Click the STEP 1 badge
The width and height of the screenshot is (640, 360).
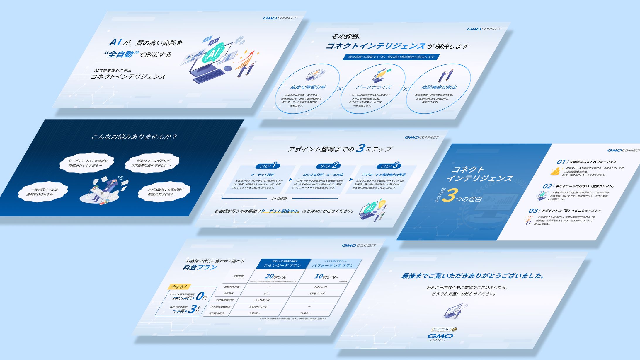pos(268,166)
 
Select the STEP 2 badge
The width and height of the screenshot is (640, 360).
pos(328,166)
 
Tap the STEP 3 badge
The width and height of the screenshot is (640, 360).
pos(389,166)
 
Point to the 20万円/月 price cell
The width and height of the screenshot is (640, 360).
pos(275,276)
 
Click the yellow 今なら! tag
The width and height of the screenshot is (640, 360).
pos(179,286)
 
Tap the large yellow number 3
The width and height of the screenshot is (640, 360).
pos(450,196)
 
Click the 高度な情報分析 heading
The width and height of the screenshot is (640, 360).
pos(308,87)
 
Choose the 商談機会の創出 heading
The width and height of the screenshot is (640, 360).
pos(439,87)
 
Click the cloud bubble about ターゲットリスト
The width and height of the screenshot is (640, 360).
pos(87,163)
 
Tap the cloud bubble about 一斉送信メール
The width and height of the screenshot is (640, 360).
pos(43,192)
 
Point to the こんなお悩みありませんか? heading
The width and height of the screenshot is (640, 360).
pos(134,137)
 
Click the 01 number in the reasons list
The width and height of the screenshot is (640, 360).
pos(561,162)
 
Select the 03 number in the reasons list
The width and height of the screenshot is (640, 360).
pos(533,211)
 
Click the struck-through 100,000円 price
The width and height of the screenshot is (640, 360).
pos(182,298)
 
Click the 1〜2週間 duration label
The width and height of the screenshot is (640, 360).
pos(279,199)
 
